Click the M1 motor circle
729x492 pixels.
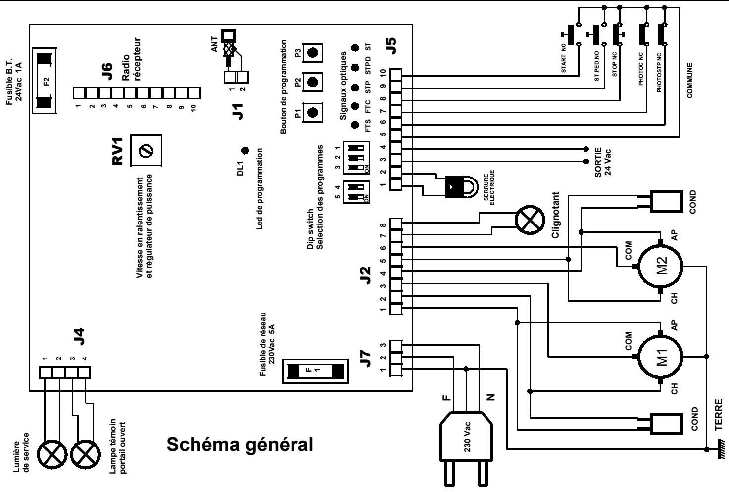pyautogui.click(x=661, y=357)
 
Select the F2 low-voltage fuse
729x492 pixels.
pyautogui.click(x=44, y=81)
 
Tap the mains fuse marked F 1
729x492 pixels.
pyautogui.click(x=315, y=371)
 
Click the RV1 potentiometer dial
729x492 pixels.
pyautogui.click(x=146, y=150)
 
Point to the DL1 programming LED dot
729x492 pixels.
pyautogui.click(x=245, y=150)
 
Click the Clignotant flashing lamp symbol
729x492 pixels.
pyautogui.click(x=530, y=220)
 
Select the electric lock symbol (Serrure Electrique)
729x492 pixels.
pyautogui.click(x=460, y=186)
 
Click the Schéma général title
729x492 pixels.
pyautogui.click(x=240, y=444)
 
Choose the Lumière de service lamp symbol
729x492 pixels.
pyautogui.click(x=52, y=454)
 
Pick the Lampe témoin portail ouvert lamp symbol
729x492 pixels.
pyautogui.click(x=86, y=454)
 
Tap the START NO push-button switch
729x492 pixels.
pyautogui.click(x=572, y=34)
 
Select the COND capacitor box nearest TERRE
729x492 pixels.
pyautogui.click(x=666, y=424)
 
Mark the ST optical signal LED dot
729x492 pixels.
pyautogui.click(x=355, y=48)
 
